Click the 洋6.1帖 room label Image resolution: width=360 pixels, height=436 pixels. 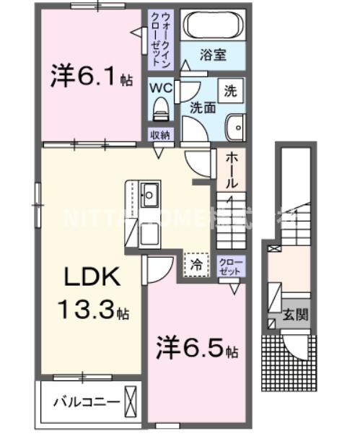pyautogui.click(x=91, y=76)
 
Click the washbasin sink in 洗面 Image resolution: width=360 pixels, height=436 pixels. pyautogui.click(x=235, y=128)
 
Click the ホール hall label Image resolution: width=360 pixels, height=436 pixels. pyautogui.click(x=230, y=171)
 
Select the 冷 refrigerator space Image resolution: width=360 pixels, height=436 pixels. pyautogui.click(x=196, y=264)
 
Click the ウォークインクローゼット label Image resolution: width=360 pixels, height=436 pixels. pyautogui.click(x=159, y=40)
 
